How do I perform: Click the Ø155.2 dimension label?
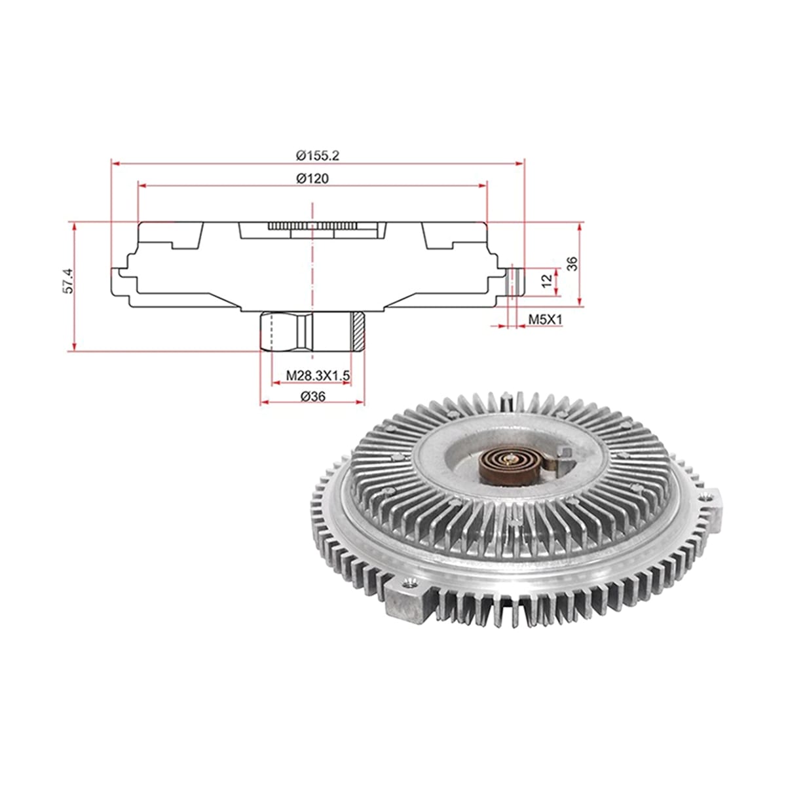coord(317,155)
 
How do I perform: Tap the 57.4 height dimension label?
coord(69,280)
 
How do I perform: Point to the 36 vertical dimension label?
coord(572,263)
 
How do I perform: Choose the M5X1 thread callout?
coord(545,320)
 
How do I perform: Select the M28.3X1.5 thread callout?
coord(318,375)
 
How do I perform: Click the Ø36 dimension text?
coord(313,396)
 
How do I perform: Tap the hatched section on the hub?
coord(358,331)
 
